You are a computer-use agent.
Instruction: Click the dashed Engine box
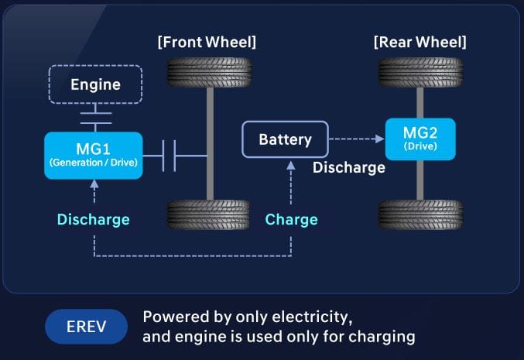click(95, 84)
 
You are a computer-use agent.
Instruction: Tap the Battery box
click(285, 140)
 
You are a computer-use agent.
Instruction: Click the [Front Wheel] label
click(206, 41)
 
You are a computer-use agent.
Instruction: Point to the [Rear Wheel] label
click(420, 41)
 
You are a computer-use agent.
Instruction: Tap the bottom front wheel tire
click(209, 214)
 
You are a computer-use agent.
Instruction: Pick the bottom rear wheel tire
click(420, 214)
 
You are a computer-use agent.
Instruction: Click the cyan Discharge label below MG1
click(94, 219)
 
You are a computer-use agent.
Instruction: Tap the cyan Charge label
click(291, 219)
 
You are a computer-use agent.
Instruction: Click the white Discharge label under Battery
click(348, 167)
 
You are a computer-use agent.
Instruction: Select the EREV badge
click(86, 326)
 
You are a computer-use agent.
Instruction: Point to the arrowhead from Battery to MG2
click(380, 140)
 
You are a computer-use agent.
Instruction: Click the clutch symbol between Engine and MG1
click(94, 118)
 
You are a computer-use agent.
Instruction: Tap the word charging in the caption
click(385, 337)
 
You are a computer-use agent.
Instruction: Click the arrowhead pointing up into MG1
click(94, 184)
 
